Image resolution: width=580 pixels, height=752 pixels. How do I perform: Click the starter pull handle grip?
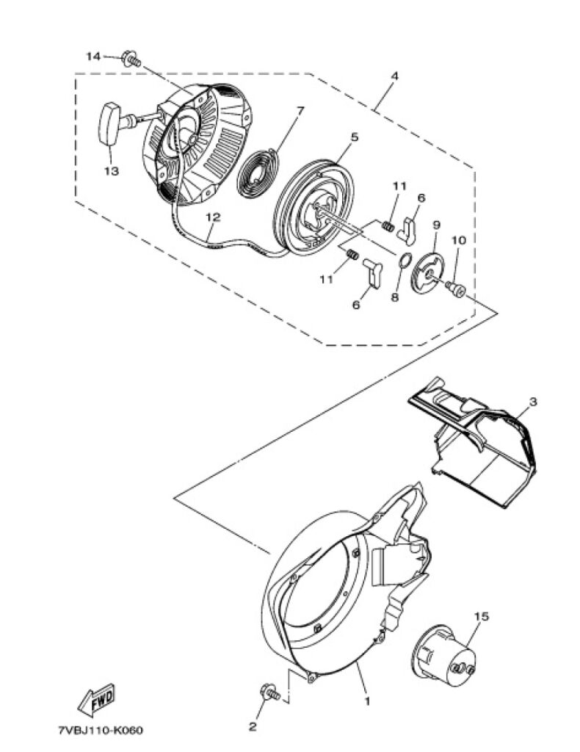point(110,123)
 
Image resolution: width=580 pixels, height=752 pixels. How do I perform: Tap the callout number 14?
point(93,57)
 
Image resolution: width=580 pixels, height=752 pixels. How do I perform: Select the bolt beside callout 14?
point(131,59)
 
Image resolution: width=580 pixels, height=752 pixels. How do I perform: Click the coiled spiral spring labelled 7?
point(259,173)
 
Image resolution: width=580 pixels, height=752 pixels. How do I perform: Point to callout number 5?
point(354,137)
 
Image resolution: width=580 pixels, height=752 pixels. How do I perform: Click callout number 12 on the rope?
point(214,217)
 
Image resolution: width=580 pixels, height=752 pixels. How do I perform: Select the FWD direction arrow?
point(96,699)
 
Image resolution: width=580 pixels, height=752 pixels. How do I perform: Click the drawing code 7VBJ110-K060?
point(100,731)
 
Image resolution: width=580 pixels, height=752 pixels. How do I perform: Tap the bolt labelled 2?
point(270,693)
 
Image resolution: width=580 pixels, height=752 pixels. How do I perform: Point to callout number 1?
point(368,701)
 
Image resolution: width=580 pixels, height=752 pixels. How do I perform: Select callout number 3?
point(532,402)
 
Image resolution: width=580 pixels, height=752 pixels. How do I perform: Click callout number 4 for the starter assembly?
point(394,76)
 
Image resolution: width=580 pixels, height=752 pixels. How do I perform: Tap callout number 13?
point(112,170)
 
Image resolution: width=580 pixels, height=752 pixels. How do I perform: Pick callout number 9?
point(437,225)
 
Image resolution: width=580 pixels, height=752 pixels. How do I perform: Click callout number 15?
point(482,616)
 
